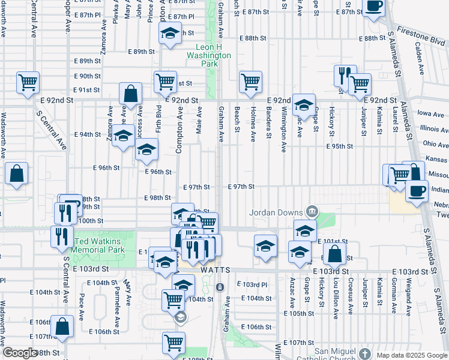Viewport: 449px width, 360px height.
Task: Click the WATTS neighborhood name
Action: click(x=215, y=271)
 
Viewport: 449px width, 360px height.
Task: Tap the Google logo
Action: click(x=19, y=353)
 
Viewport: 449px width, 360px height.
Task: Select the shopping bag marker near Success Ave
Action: click(x=130, y=94)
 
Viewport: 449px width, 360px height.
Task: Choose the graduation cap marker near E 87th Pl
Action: click(x=170, y=34)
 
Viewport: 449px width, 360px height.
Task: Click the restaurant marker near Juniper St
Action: click(x=345, y=76)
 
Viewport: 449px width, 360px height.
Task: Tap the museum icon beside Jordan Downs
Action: click(x=312, y=211)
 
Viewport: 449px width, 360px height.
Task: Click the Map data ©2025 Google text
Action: click(x=411, y=355)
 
